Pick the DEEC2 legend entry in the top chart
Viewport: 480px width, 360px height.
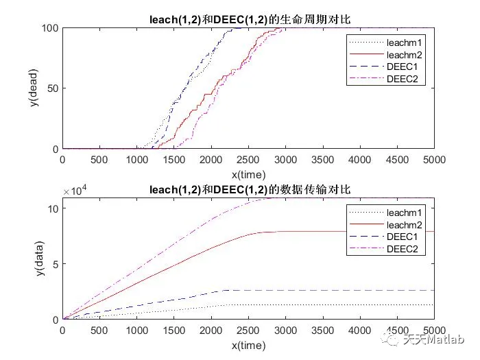click(x=397, y=80)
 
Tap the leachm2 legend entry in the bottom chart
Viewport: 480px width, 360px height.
click(x=397, y=226)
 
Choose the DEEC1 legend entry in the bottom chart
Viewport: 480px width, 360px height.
click(x=397, y=238)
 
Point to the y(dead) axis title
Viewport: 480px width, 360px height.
click(x=34, y=88)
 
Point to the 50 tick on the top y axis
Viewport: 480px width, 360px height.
click(x=51, y=88)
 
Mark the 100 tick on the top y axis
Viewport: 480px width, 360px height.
click(x=49, y=28)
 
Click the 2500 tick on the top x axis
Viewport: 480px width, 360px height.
click(x=248, y=159)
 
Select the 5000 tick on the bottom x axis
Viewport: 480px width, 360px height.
click(x=433, y=330)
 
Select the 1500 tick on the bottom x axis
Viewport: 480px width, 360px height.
click(x=174, y=330)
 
